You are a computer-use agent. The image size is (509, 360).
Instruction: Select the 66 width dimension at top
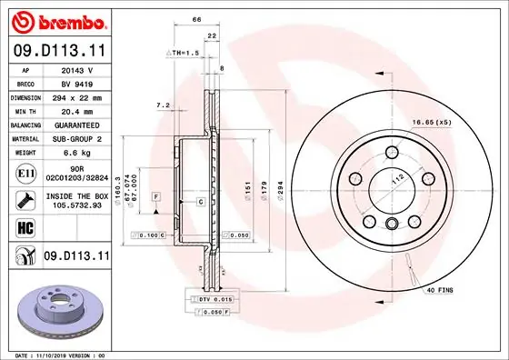(195, 19)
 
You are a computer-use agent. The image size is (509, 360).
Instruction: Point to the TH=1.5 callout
(184, 54)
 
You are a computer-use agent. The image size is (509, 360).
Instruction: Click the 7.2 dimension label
(164, 105)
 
